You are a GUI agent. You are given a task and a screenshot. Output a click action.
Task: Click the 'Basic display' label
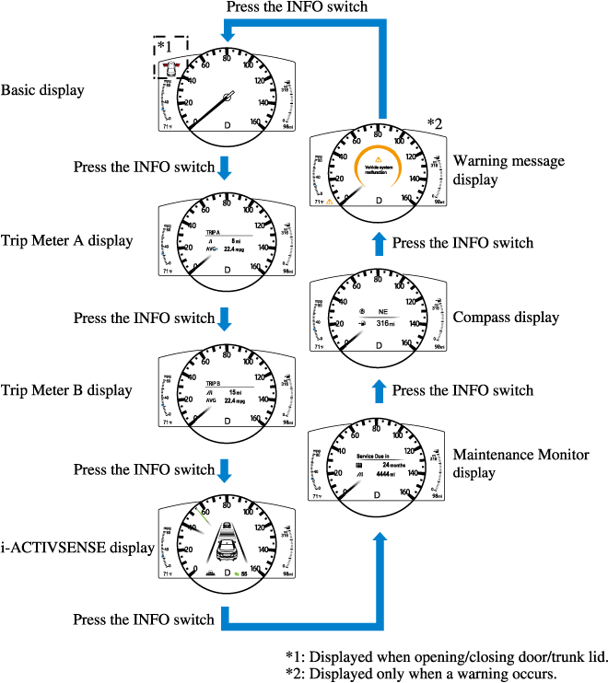pyautogui.click(x=42, y=90)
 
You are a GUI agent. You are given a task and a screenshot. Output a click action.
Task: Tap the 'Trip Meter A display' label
pyautogui.click(x=66, y=241)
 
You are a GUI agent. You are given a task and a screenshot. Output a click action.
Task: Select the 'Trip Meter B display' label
pyautogui.click(x=66, y=389)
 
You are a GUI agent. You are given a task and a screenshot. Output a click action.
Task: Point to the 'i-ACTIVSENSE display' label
pyautogui.click(x=76, y=548)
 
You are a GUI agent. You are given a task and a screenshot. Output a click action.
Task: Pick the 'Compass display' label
pyautogui.click(x=506, y=318)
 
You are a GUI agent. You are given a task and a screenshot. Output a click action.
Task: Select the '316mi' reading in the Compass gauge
pyautogui.click(x=379, y=324)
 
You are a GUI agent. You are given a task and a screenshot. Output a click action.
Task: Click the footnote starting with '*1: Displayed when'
pyautogui.click(x=447, y=656)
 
